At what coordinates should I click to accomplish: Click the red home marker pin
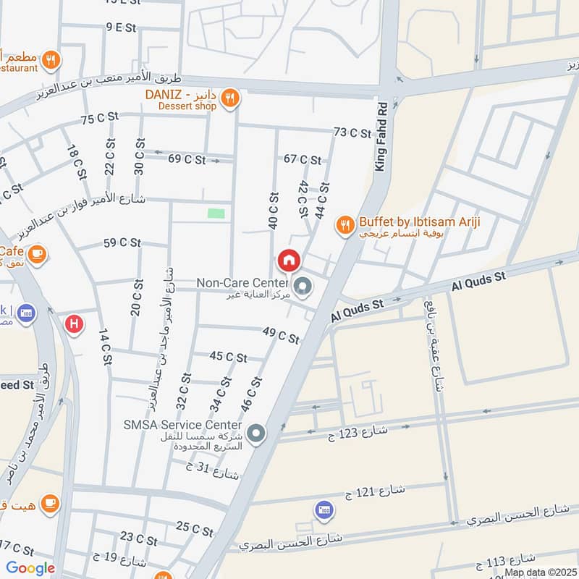tap(288, 260)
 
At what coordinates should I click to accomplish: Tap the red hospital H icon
tap(73, 324)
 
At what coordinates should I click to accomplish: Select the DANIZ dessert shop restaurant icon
tap(229, 98)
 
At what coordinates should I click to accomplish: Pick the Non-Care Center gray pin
tap(303, 288)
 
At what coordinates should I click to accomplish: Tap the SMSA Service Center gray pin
tap(255, 434)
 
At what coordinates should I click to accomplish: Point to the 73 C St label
tap(352, 132)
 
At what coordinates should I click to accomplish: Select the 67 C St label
tap(302, 159)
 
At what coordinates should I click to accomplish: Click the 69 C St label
tap(187, 159)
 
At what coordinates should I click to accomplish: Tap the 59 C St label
tap(122, 243)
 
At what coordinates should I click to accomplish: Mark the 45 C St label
tap(228, 357)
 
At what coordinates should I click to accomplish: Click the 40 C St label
tap(274, 210)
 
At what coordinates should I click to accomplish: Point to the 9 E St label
tap(121, 28)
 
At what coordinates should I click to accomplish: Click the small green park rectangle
tap(215, 213)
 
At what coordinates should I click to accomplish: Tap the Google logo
tap(30, 568)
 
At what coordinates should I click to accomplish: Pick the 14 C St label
tap(103, 343)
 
